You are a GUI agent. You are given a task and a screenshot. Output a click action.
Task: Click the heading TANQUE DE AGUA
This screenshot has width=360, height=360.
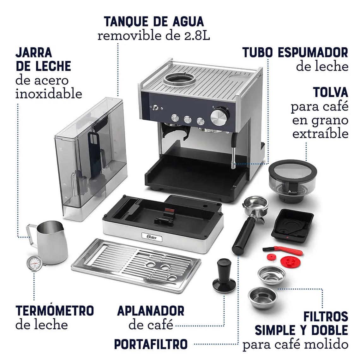click(154, 21)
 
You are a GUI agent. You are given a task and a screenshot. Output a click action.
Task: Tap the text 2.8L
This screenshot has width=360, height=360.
click(197, 36)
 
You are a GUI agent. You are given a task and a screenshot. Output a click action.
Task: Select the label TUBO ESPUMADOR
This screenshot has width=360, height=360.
click(295, 52)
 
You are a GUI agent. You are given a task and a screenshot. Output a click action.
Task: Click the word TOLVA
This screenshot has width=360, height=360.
click(330, 92)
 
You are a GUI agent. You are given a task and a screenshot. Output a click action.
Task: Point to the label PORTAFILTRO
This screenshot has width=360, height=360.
click(151, 344)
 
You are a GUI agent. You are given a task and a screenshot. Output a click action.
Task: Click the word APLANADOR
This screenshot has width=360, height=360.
click(151, 311)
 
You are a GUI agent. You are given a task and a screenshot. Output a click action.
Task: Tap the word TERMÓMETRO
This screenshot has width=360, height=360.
click(55, 311)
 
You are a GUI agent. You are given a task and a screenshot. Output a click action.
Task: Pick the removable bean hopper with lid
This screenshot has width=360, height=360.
click(292, 180)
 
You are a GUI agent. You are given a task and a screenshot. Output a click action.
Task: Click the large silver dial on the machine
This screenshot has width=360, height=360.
click(219, 116)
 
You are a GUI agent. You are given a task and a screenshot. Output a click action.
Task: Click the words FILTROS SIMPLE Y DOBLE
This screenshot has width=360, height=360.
click(302, 324)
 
